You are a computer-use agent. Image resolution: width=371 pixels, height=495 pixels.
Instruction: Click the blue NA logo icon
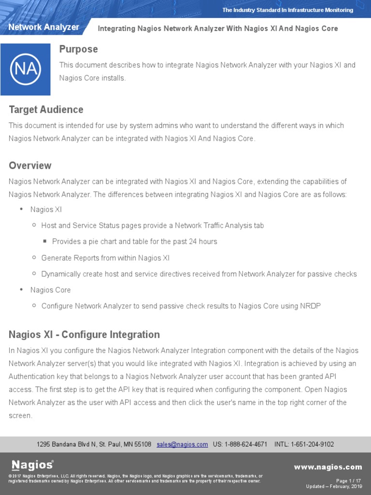pyautogui.click(x=25, y=69)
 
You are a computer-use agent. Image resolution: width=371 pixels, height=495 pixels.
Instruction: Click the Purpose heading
pyautogui.click(x=78, y=49)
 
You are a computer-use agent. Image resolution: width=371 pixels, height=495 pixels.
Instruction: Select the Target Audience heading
pyautogui.click(x=46, y=110)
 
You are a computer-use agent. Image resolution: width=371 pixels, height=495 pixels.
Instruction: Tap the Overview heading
pyautogui.click(x=30, y=166)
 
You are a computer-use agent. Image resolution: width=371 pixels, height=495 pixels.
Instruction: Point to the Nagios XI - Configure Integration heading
pyautogui.click(x=84, y=335)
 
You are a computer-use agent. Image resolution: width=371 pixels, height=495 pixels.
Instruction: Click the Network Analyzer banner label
pyautogui.click(x=43, y=28)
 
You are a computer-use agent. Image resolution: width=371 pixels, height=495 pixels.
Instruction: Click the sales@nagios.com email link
pyautogui.click(x=182, y=444)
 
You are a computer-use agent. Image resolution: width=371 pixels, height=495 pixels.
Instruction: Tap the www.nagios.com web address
pyautogui.click(x=328, y=467)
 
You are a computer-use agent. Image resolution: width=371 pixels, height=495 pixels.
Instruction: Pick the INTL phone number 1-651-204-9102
pyautogui.click(x=313, y=444)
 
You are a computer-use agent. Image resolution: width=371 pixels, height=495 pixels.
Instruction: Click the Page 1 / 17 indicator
pyautogui.click(x=348, y=481)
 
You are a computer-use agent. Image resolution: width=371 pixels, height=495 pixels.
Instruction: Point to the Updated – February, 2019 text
pyautogui.click(x=334, y=486)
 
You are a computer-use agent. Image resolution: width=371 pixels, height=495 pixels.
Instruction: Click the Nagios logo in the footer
pyautogui.click(x=32, y=465)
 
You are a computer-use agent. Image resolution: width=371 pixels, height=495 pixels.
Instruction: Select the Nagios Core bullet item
pyautogui.click(x=50, y=290)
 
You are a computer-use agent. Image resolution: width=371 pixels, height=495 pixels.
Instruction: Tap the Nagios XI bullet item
pyautogui.click(x=46, y=210)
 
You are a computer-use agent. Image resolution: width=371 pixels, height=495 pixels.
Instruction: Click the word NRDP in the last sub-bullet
pyautogui.click(x=311, y=306)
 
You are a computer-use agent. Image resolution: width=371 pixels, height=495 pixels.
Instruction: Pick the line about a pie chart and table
pyautogui.click(x=134, y=242)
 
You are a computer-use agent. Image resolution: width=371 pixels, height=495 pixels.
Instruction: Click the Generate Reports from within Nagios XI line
pyautogui.click(x=105, y=258)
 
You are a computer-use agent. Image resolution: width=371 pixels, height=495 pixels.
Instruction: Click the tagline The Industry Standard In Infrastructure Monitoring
pyautogui.click(x=287, y=10)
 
